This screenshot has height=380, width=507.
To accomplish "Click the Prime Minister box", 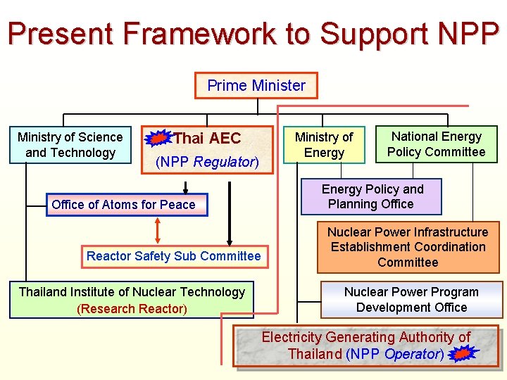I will point(256,86).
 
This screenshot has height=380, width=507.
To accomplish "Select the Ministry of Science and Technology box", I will point(70,145).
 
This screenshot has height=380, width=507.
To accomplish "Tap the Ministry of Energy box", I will point(324,145).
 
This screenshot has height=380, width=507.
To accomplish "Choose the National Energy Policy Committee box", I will point(436,145).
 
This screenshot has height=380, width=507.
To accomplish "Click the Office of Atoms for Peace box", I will point(123,205).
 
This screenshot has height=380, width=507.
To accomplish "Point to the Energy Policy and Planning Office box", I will point(372,196).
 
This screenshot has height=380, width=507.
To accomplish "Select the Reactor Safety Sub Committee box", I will point(173,256).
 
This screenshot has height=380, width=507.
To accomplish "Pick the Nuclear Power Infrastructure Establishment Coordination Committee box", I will point(408,248).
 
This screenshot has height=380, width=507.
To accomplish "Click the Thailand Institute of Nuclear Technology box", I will point(132,300).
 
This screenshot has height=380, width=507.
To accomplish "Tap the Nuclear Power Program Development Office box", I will point(411,300).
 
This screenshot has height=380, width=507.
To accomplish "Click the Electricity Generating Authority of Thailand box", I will point(365,346).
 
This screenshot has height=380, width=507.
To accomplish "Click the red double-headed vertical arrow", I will point(158,230).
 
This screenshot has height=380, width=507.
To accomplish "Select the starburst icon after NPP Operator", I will point(462,355).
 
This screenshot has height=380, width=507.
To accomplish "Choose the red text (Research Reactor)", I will point(132,309).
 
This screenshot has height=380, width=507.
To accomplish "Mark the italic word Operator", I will point(412,354).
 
